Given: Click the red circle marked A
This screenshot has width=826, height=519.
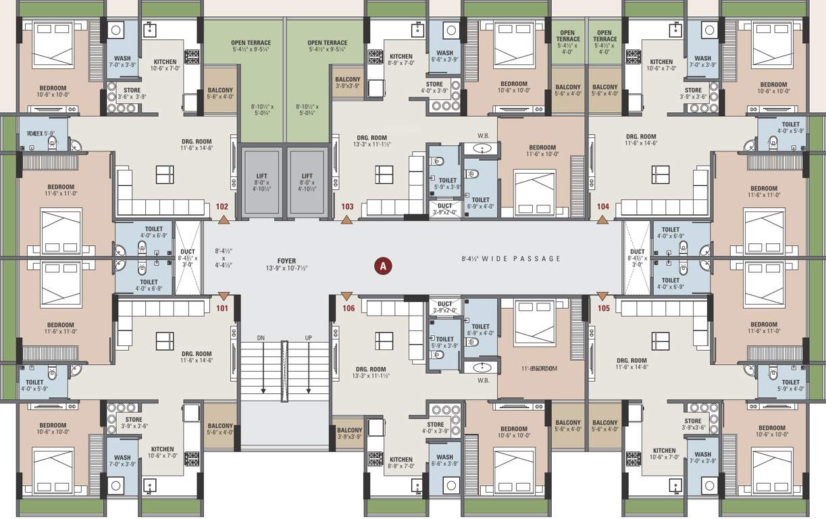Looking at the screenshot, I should pyautogui.click(x=383, y=266).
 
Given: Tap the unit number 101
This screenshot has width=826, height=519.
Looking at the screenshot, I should pyautogui.click(x=222, y=309).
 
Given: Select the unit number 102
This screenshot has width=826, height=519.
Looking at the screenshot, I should pyautogui.click(x=222, y=207).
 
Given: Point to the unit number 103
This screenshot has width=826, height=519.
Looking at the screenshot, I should pyautogui.click(x=347, y=207).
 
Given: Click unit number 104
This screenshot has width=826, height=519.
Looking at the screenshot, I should pyautogui.click(x=602, y=207).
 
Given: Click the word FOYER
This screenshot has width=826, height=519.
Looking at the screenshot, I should pyautogui.click(x=286, y=259).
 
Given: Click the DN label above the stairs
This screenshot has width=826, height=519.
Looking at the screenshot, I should pyautogui.click(x=261, y=337).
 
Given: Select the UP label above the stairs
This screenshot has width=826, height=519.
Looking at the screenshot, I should pyautogui.click(x=309, y=337).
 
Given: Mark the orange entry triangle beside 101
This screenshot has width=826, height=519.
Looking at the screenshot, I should pyautogui.click(x=224, y=296).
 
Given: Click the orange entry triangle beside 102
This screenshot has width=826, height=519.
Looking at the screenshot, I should pyautogui.click(x=224, y=219).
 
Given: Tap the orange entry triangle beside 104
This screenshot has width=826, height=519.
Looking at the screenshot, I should pyautogui.click(x=602, y=219).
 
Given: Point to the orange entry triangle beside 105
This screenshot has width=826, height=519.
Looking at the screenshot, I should pyautogui.click(x=602, y=296).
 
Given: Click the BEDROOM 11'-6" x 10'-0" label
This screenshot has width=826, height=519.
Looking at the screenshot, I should pyautogui.click(x=542, y=151).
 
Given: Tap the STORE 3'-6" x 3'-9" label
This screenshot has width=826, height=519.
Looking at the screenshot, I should pyautogui.click(x=132, y=93).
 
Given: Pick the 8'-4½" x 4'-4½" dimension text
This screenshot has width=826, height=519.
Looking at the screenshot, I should pyautogui.click(x=224, y=257).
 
